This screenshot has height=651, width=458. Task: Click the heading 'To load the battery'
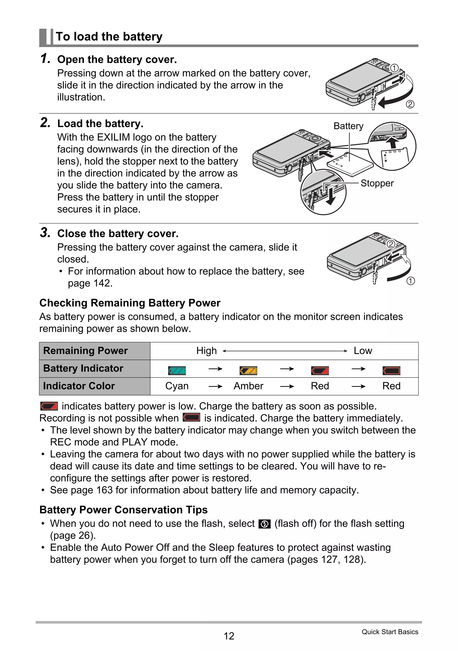109,37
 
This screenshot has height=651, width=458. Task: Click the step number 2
45,123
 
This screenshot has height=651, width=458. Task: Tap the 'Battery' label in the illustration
348,126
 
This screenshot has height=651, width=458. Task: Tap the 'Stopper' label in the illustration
377,183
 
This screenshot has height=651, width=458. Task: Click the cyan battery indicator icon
177,371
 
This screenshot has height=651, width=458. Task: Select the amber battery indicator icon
248,371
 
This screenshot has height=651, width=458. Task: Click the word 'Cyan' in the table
177,386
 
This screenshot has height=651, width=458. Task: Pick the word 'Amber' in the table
248,386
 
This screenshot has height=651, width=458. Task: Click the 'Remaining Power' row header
85,351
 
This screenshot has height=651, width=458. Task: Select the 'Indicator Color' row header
79,386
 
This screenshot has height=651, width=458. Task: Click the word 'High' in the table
206,351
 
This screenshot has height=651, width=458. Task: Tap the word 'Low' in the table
363,351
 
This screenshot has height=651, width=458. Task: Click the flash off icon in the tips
265,524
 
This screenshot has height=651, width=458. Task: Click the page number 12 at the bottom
229,636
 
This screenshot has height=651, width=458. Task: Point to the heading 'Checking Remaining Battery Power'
130,303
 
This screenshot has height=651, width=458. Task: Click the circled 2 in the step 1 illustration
410,104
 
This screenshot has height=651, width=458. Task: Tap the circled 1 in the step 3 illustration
410,281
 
